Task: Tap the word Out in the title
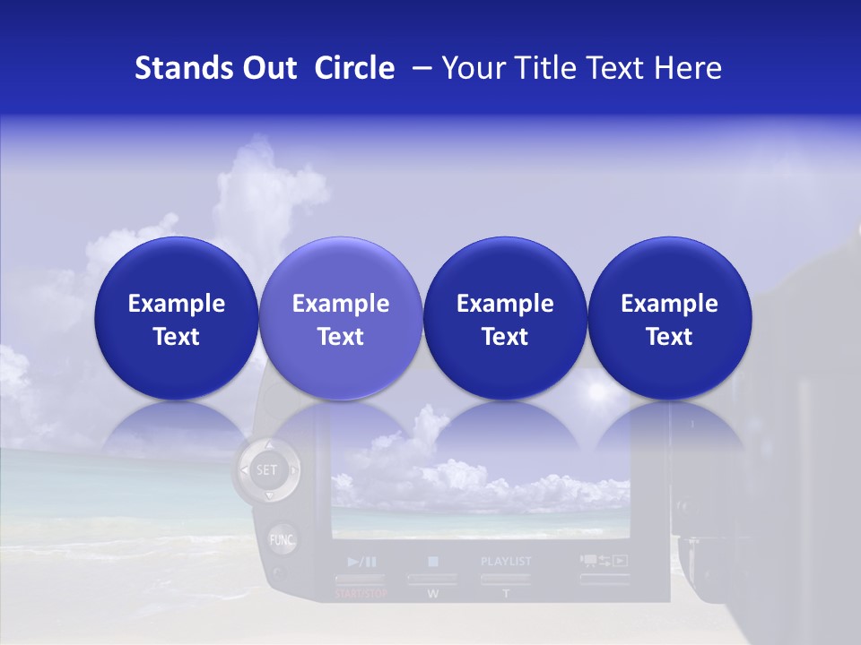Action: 267,68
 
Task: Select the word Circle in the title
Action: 354,68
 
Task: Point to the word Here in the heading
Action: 689,68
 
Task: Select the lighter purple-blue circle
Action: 341,319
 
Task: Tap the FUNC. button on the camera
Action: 283,540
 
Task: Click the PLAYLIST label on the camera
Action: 506,562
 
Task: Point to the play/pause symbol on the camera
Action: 361,563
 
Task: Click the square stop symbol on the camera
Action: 433,562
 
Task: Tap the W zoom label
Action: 432,594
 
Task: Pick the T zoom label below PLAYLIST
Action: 505,594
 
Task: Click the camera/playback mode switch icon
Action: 604,561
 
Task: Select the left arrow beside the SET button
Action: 242,469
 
